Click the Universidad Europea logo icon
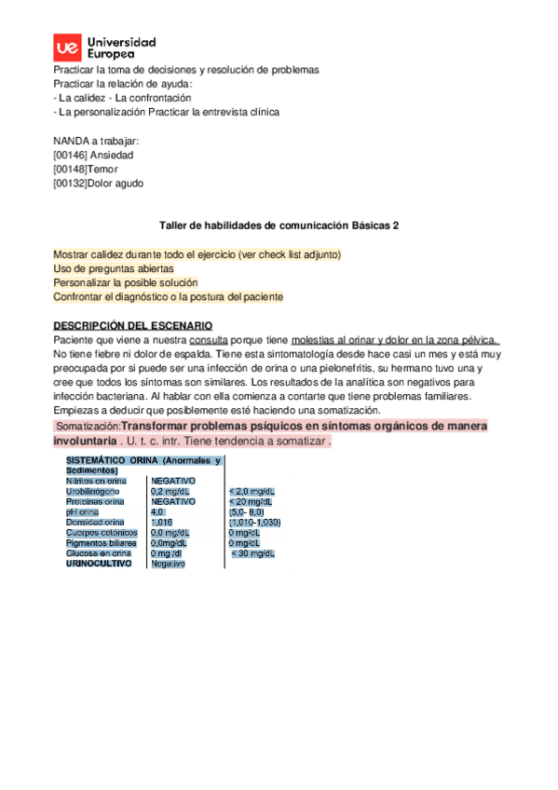tap(67, 48)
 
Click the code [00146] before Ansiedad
tap(70, 155)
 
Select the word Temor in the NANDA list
tap(106, 170)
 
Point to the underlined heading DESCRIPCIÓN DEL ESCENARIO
tap(133, 325)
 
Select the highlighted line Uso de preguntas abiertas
tap(114, 268)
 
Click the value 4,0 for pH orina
tap(157, 511)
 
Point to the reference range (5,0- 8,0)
tap(247, 511)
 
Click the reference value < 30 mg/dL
tap(252, 553)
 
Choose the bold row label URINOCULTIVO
tap(99, 564)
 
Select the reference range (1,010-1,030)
tap(254, 522)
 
